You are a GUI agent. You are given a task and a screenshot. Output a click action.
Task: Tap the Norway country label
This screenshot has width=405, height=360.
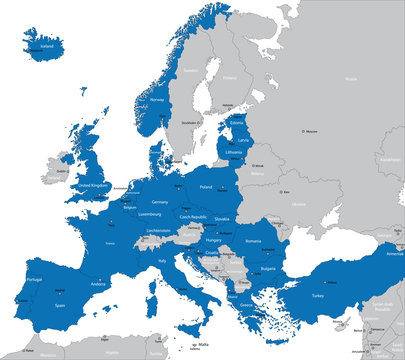coord(156,100)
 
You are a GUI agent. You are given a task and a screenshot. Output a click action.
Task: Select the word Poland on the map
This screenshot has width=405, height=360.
coord(207,187)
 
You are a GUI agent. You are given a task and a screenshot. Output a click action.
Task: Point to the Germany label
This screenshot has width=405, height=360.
coord(159,201)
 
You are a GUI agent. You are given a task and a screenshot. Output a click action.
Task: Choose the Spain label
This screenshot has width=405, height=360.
coord(60,305)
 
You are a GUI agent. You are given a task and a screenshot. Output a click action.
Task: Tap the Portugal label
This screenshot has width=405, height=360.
coord(33,279)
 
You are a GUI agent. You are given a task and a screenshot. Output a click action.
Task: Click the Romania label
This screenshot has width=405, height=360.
coord(253,242)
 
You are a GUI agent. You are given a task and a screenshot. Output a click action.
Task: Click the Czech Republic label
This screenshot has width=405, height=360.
coord(193,216)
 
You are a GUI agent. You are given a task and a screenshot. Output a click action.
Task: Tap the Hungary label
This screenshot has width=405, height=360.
coord(213,239)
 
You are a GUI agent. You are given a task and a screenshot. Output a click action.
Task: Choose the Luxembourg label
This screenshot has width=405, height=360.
coord(149,214)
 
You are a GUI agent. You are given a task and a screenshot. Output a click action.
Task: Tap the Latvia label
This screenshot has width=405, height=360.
coord(243,140)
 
